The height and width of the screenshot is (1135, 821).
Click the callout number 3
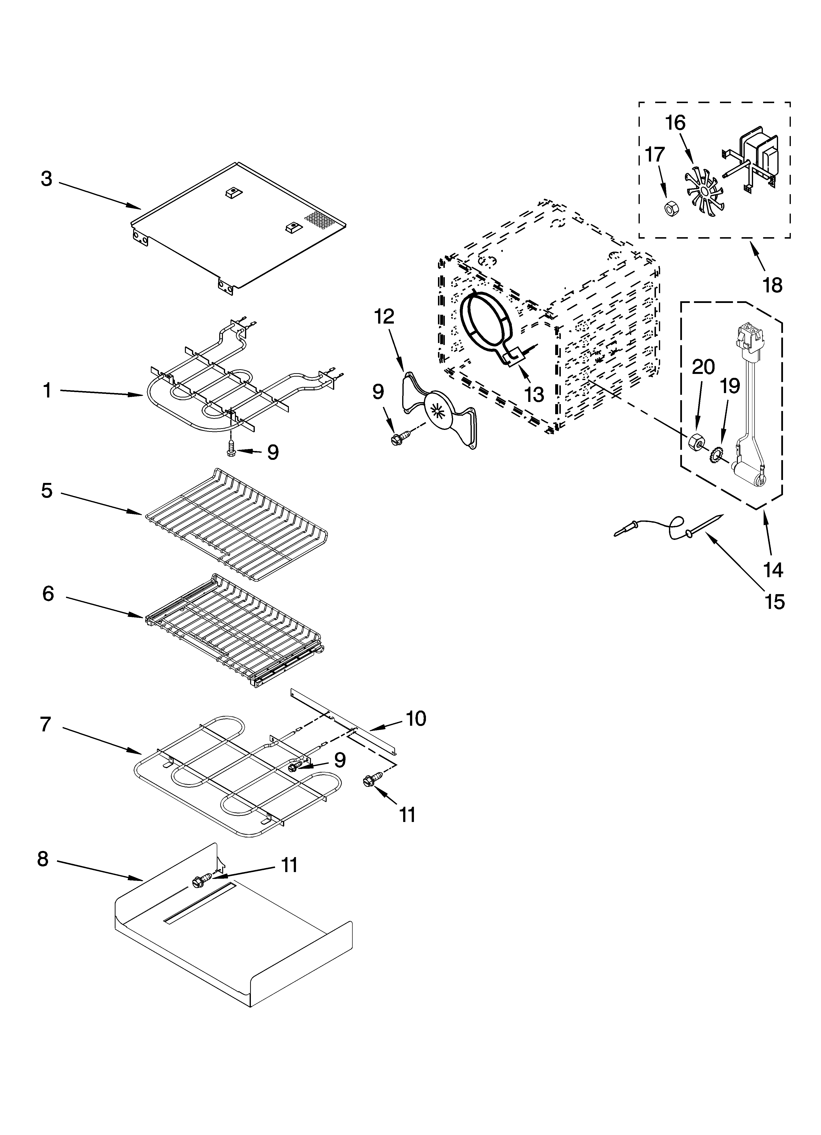tap(47, 179)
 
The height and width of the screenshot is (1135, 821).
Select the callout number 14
tap(773, 570)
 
